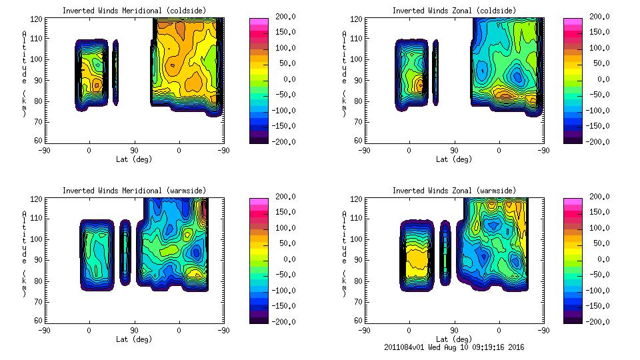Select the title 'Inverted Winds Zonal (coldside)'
click(453, 10)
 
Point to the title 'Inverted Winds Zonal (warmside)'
click(453, 190)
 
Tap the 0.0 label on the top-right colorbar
click(604, 79)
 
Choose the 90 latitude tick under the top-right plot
click(454, 151)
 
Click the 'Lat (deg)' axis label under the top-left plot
click(133, 159)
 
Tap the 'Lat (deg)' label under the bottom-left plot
click(133, 339)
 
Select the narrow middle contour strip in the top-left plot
click(115, 72)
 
